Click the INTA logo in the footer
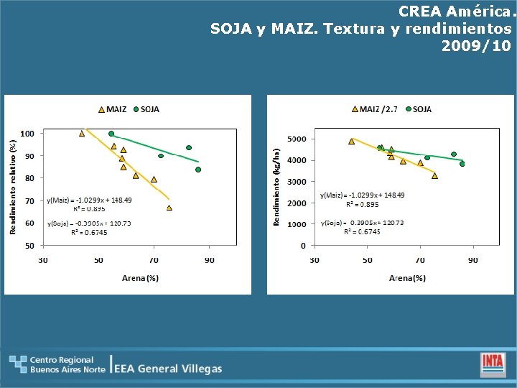pyautogui.click(x=493, y=362)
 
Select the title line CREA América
pyautogui.click(x=457, y=11)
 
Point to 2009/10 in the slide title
pyautogui.click(x=477, y=46)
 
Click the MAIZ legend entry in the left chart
pyautogui.click(x=112, y=110)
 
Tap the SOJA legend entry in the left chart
pyautogui.click(x=146, y=110)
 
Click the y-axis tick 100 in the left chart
pyautogui.click(x=26, y=134)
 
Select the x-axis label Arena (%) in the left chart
pyautogui.click(x=140, y=278)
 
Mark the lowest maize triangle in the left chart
pyautogui.click(x=169, y=208)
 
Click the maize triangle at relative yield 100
pyautogui.click(x=82, y=134)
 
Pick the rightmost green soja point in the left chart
pyautogui.click(x=198, y=170)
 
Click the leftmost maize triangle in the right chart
pyautogui.click(x=351, y=142)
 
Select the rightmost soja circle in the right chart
pyautogui.click(x=462, y=164)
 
